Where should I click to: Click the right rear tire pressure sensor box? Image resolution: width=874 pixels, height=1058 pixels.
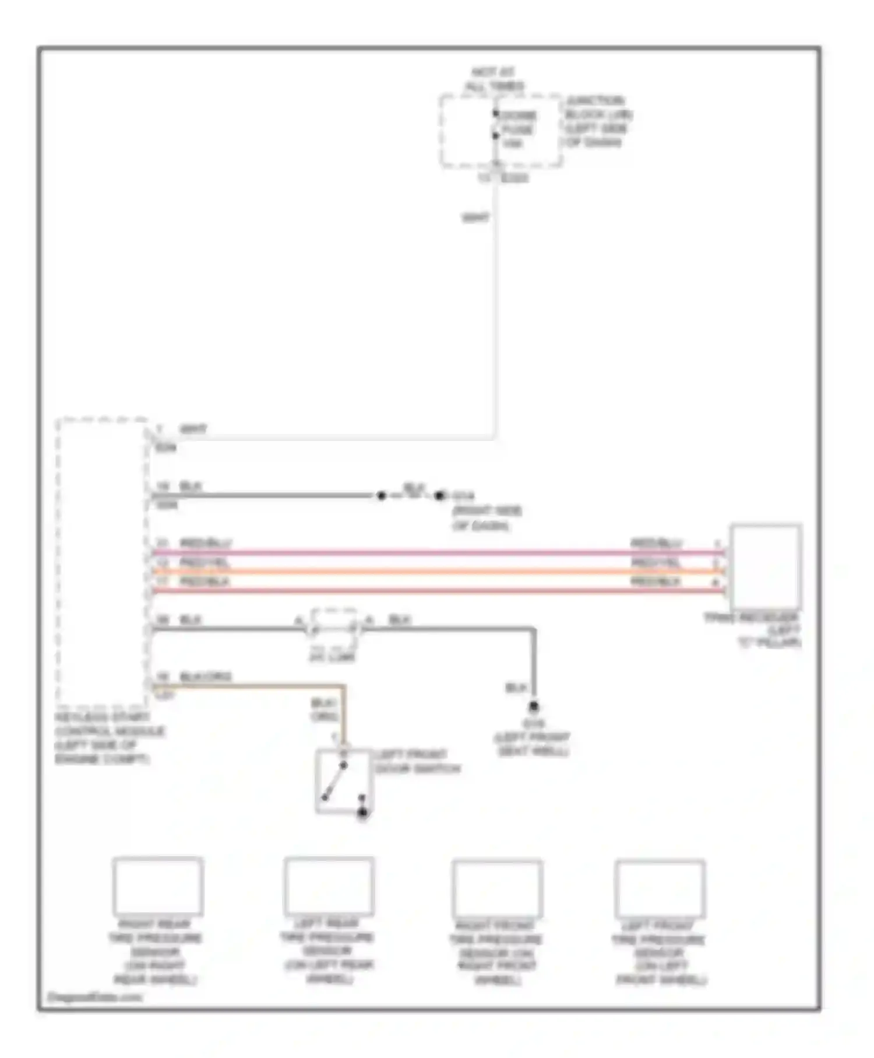(158, 885)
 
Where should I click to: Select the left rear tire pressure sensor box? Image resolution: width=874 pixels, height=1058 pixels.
(329, 885)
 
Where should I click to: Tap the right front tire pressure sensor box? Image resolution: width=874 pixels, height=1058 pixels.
(498, 888)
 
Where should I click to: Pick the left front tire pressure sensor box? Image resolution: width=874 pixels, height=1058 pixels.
(660, 888)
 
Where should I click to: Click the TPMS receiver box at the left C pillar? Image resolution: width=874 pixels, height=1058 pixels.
(766, 566)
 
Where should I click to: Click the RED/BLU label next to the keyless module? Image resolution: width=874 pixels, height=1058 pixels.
(205, 543)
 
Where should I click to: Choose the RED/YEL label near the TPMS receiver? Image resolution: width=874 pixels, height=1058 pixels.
(655, 563)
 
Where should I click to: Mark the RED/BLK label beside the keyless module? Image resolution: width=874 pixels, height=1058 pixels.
(204, 582)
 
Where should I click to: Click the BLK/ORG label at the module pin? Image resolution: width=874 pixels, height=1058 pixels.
(205, 677)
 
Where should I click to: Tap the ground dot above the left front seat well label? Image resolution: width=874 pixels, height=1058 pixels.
(533, 707)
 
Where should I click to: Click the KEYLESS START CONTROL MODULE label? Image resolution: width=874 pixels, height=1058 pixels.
(110, 738)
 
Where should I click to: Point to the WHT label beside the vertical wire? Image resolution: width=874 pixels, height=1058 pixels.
(475, 218)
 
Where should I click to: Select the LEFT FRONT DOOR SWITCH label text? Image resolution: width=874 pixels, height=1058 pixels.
(417, 762)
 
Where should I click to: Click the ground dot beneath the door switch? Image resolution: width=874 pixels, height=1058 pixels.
(362, 812)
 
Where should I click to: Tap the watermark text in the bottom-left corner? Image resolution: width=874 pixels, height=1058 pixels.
(94, 997)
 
